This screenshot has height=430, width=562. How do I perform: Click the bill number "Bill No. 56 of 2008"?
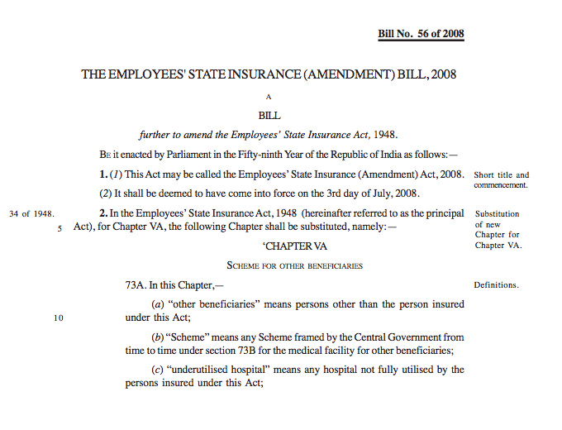click(x=421, y=34)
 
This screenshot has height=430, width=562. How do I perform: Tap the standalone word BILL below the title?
click(x=269, y=116)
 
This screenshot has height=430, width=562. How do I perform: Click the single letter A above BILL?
click(x=269, y=97)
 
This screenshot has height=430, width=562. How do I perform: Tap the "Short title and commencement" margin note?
click(x=501, y=179)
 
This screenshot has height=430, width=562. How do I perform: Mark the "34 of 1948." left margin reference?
click(x=31, y=214)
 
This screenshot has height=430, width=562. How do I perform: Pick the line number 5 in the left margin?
click(x=60, y=228)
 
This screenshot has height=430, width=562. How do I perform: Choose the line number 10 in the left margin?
click(x=58, y=317)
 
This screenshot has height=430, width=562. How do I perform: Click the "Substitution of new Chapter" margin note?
click(x=498, y=229)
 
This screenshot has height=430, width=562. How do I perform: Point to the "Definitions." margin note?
click(x=496, y=285)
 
